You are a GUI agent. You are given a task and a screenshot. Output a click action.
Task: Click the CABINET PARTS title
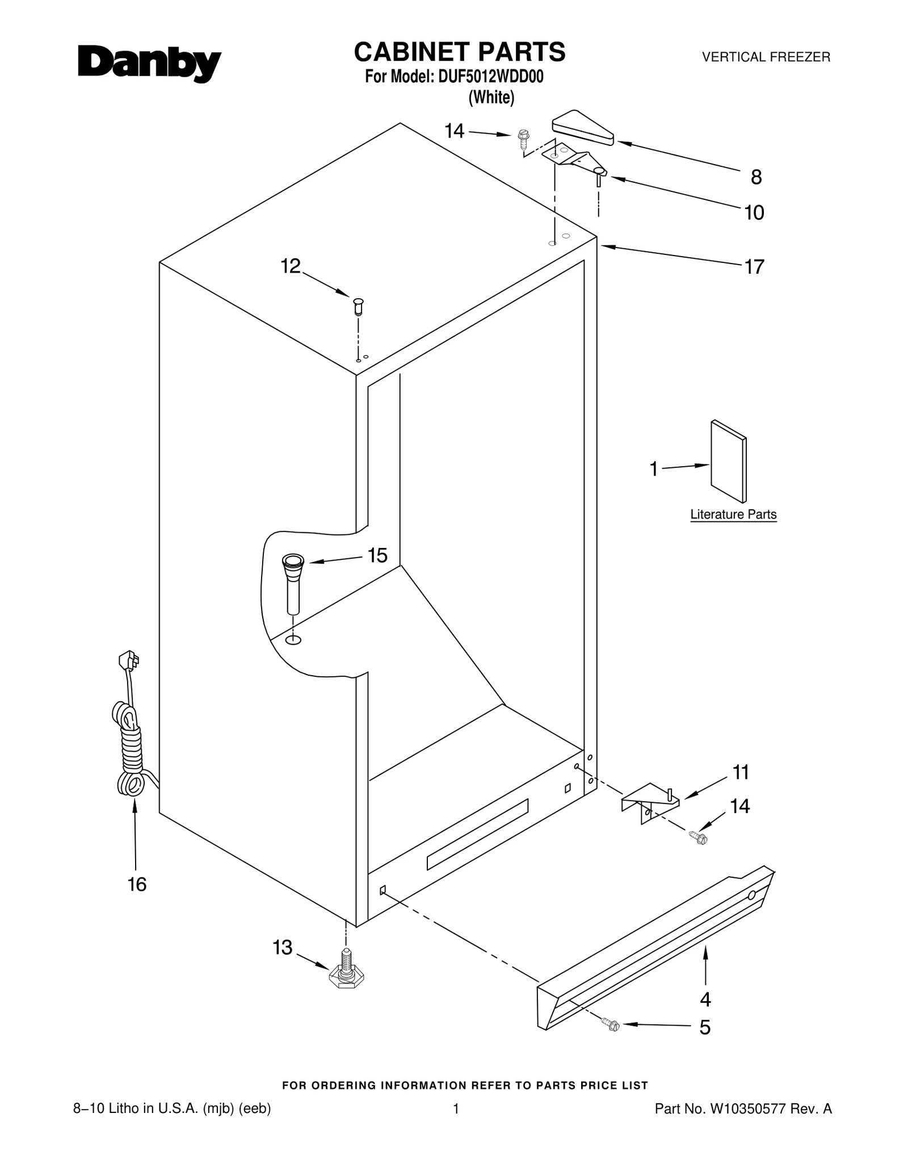pos(459,52)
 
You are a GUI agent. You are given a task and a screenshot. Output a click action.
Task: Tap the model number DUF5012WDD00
pos(490,77)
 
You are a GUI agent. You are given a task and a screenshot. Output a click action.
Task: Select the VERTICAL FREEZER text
pos(766,57)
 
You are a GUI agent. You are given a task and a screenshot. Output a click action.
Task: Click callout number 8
pos(756,178)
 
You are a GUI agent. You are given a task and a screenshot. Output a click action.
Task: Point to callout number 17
pos(754,266)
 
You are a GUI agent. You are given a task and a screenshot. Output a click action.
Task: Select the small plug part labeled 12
pos(358,305)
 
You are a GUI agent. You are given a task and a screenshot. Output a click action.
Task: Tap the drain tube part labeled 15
pos(293,584)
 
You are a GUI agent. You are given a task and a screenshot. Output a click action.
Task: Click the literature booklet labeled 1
pos(728,462)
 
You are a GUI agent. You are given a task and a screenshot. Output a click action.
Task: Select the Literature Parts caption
pos(733,514)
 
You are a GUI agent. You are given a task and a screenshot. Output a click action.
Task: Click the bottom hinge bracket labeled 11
pos(650,801)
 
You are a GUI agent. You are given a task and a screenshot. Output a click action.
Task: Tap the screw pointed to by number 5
pos(612,1025)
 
